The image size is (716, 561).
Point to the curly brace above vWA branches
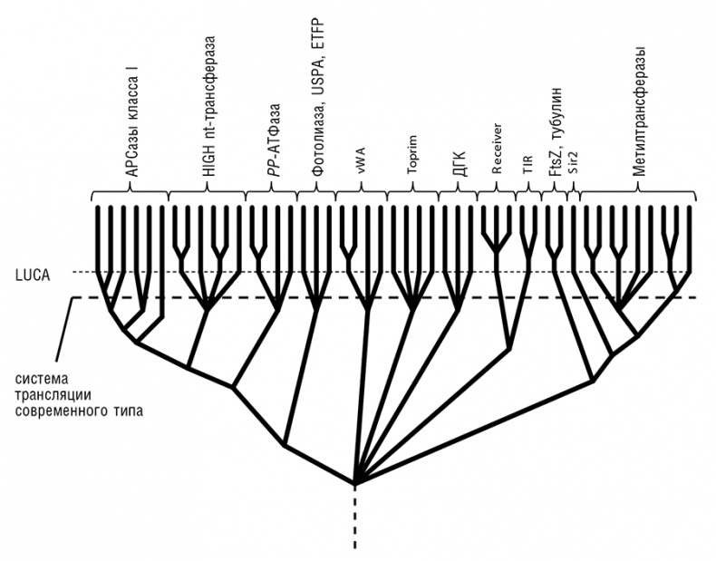pos(361,193)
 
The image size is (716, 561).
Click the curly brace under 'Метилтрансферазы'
pos(638,193)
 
